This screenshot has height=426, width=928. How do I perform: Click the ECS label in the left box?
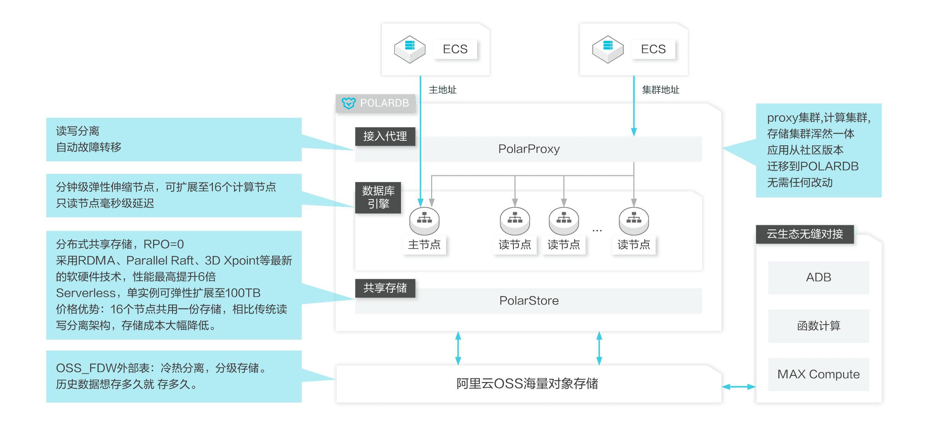pos(455,49)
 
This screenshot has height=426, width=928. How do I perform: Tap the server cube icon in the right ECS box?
pos(607,49)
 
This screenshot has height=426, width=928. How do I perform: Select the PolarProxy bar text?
pos(529,149)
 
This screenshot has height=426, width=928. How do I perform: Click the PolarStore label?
pos(529,300)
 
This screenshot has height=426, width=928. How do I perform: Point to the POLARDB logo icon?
pos(348,103)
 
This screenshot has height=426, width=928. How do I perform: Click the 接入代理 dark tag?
pos(385,136)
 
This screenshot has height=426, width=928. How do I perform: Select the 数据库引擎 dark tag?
pos(378,197)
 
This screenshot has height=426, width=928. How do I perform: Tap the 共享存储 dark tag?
pos(385,288)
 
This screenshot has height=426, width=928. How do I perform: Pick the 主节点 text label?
pos(424,245)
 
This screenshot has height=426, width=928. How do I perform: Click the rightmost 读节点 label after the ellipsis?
pos(633,245)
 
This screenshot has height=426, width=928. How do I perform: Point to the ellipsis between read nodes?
pos(597,231)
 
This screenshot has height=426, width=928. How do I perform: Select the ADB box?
pos(818,277)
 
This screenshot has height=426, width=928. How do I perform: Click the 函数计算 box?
pos(818,325)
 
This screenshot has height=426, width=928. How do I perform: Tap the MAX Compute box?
pos(818,374)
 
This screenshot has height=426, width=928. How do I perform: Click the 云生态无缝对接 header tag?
pos(804,234)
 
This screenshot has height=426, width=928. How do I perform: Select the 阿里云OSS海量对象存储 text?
pos(527,383)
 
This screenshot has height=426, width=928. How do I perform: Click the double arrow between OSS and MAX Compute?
pos(739,387)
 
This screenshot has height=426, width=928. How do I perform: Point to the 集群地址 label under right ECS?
pos(660,90)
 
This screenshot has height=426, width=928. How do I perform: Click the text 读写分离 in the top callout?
pos(78,131)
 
